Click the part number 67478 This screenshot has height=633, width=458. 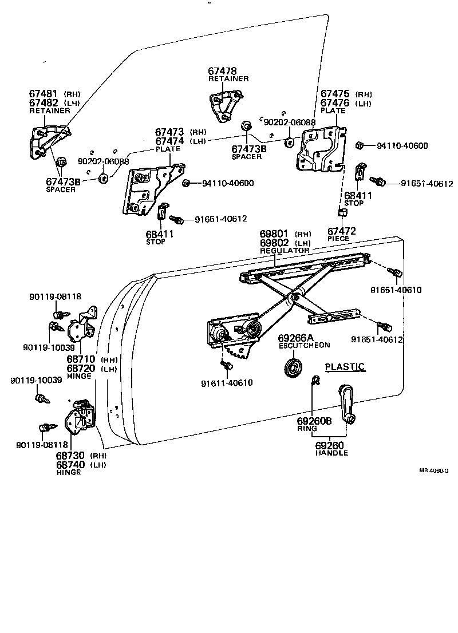point(222,72)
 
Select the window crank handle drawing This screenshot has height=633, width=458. point(346,404)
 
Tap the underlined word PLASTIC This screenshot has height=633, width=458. point(345,366)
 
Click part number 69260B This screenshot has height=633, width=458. point(314,421)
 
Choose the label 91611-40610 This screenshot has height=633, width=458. point(227,383)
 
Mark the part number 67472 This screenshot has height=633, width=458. point(342,231)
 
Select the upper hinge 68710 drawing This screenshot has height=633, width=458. point(82,326)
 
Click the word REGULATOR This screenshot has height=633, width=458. point(285,251)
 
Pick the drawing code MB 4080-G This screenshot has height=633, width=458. point(434,470)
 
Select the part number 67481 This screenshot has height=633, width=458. point(44,94)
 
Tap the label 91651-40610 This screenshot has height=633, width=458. point(396,290)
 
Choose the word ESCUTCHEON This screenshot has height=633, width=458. point(305,345)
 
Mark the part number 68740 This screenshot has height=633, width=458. point(70,465)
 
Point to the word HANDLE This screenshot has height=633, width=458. point(331,453)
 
